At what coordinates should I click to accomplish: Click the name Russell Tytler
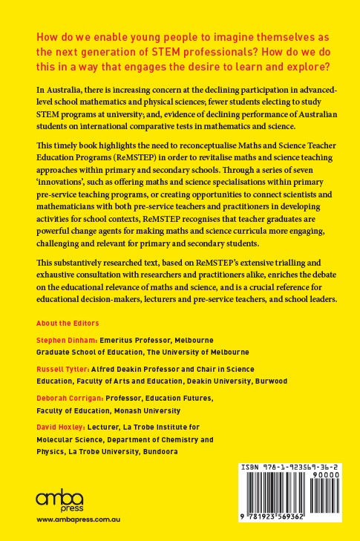click(x=60, y=368)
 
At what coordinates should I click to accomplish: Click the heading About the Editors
click(x=68, y=324)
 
